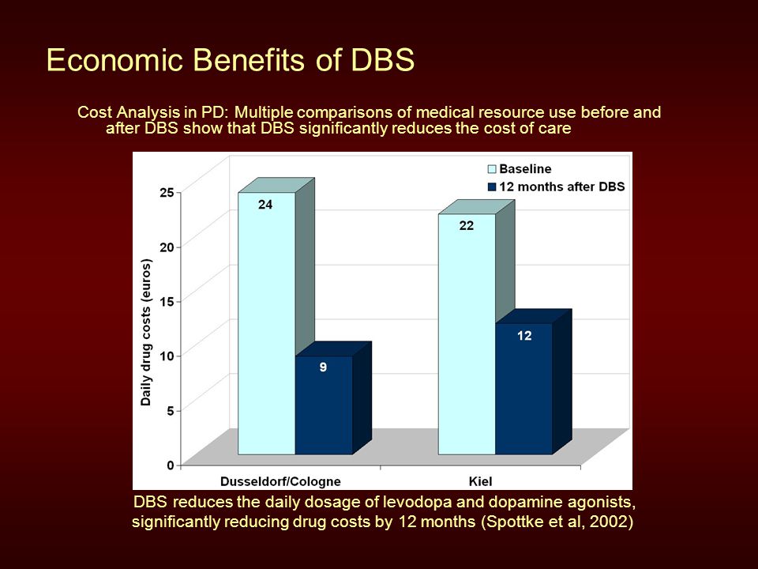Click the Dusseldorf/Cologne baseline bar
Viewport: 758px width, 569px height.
(266, 323)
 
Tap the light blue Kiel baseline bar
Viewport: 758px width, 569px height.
(467, 334)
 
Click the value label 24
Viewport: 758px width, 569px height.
(265, 205)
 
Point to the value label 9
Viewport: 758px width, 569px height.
(323, 367)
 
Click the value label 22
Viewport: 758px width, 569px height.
(467, 225)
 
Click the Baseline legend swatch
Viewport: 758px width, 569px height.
(492, 169)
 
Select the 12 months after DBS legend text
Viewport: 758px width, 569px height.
(561, 187)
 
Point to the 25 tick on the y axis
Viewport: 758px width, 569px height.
(167, 192)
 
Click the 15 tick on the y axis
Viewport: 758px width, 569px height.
(167, 301)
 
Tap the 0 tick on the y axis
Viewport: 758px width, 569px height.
(171, 465)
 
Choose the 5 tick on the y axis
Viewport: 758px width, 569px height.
(171, 411)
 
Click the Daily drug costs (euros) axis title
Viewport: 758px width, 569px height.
(146, 333)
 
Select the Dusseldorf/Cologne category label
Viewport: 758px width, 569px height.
(280, 481)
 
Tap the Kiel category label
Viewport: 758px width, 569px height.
(481, 481)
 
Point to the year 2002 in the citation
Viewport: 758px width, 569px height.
(609, 522)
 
